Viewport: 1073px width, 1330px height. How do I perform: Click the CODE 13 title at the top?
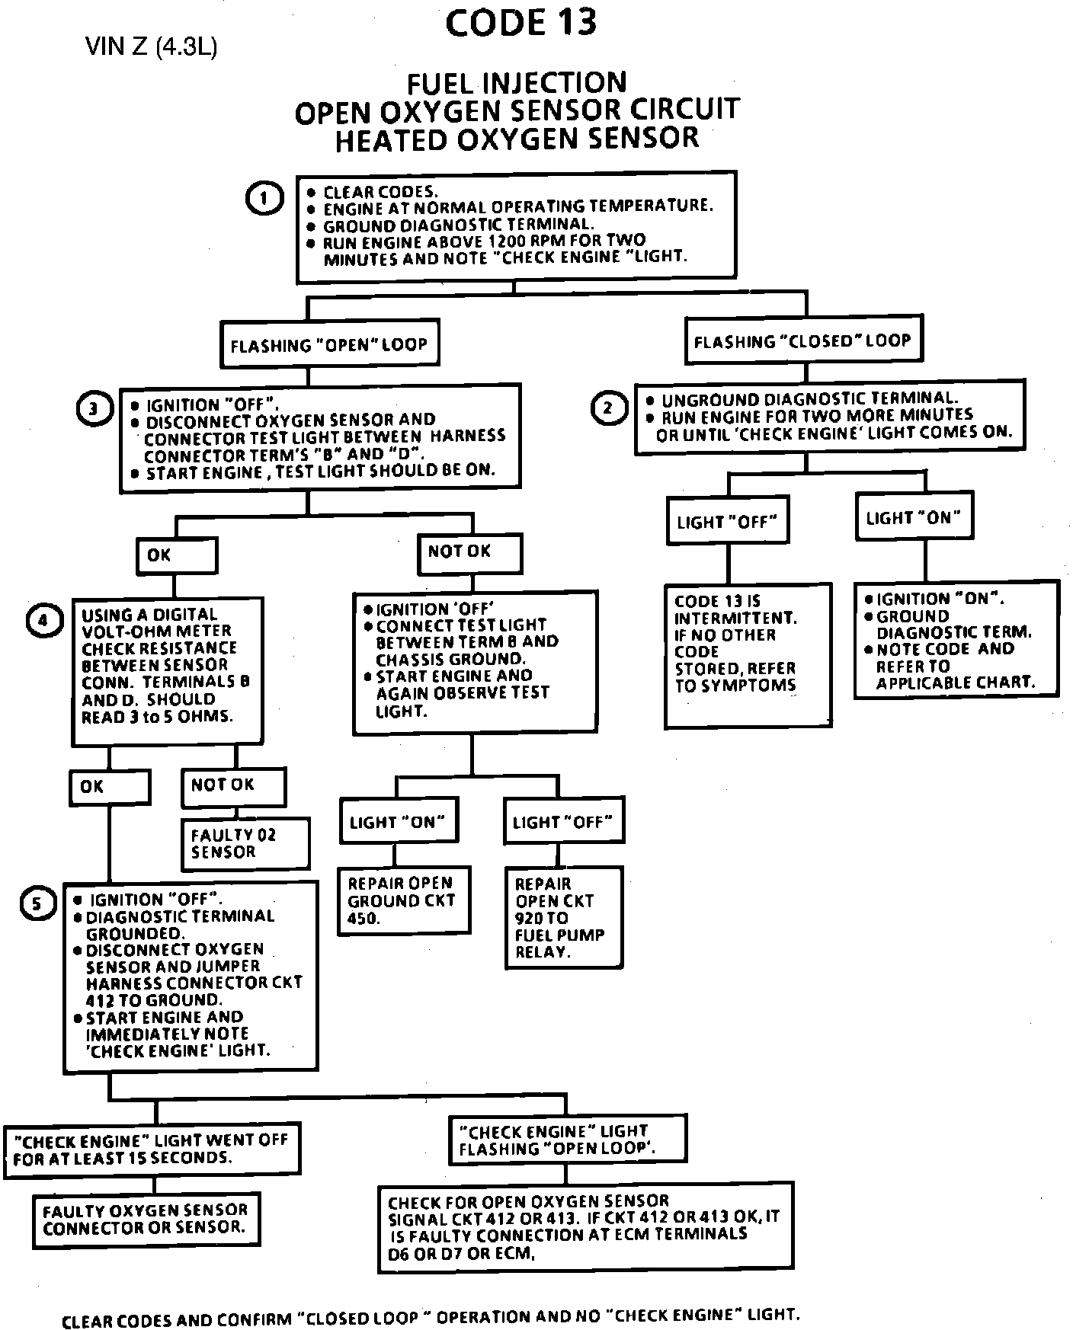coord(520,24)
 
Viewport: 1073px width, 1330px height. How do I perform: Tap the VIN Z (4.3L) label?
coord(152,48)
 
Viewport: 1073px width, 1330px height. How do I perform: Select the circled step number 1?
coord(264,200)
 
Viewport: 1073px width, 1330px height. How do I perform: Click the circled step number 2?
coord(607,409)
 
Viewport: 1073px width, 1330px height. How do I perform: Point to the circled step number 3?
coord(93,409)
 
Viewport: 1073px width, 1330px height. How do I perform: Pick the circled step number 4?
coord(42,621)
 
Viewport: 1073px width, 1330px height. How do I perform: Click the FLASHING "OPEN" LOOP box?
coord(329,345)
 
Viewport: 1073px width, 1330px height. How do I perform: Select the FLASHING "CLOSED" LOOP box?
coord(802,340)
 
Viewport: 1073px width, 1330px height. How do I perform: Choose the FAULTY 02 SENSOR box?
coord(245,844)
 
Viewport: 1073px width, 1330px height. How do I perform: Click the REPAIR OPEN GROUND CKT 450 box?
coord(404,900)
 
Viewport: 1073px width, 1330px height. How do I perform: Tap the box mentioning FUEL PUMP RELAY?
coord(563,917)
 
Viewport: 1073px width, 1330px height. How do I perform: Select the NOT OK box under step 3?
coord(469,552)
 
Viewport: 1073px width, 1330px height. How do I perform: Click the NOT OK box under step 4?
coord(233,786)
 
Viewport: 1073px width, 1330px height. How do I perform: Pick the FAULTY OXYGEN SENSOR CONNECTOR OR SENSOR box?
coord(146,1219)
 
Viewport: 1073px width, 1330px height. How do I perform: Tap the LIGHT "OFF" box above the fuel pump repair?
coord(563,821)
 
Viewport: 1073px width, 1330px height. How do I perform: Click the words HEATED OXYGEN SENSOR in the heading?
coord(517,139)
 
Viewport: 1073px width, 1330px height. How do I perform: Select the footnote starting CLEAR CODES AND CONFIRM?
coord(431,1316)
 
